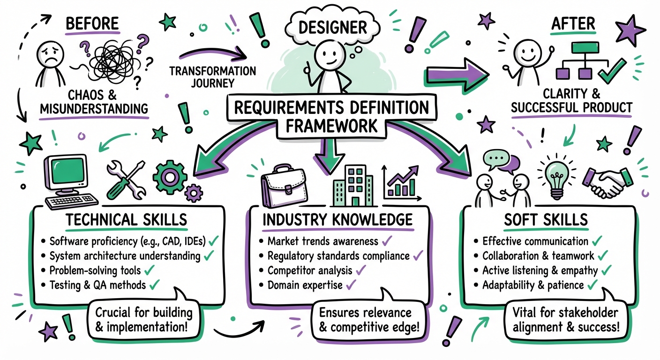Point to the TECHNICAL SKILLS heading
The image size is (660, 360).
point(127,220)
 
